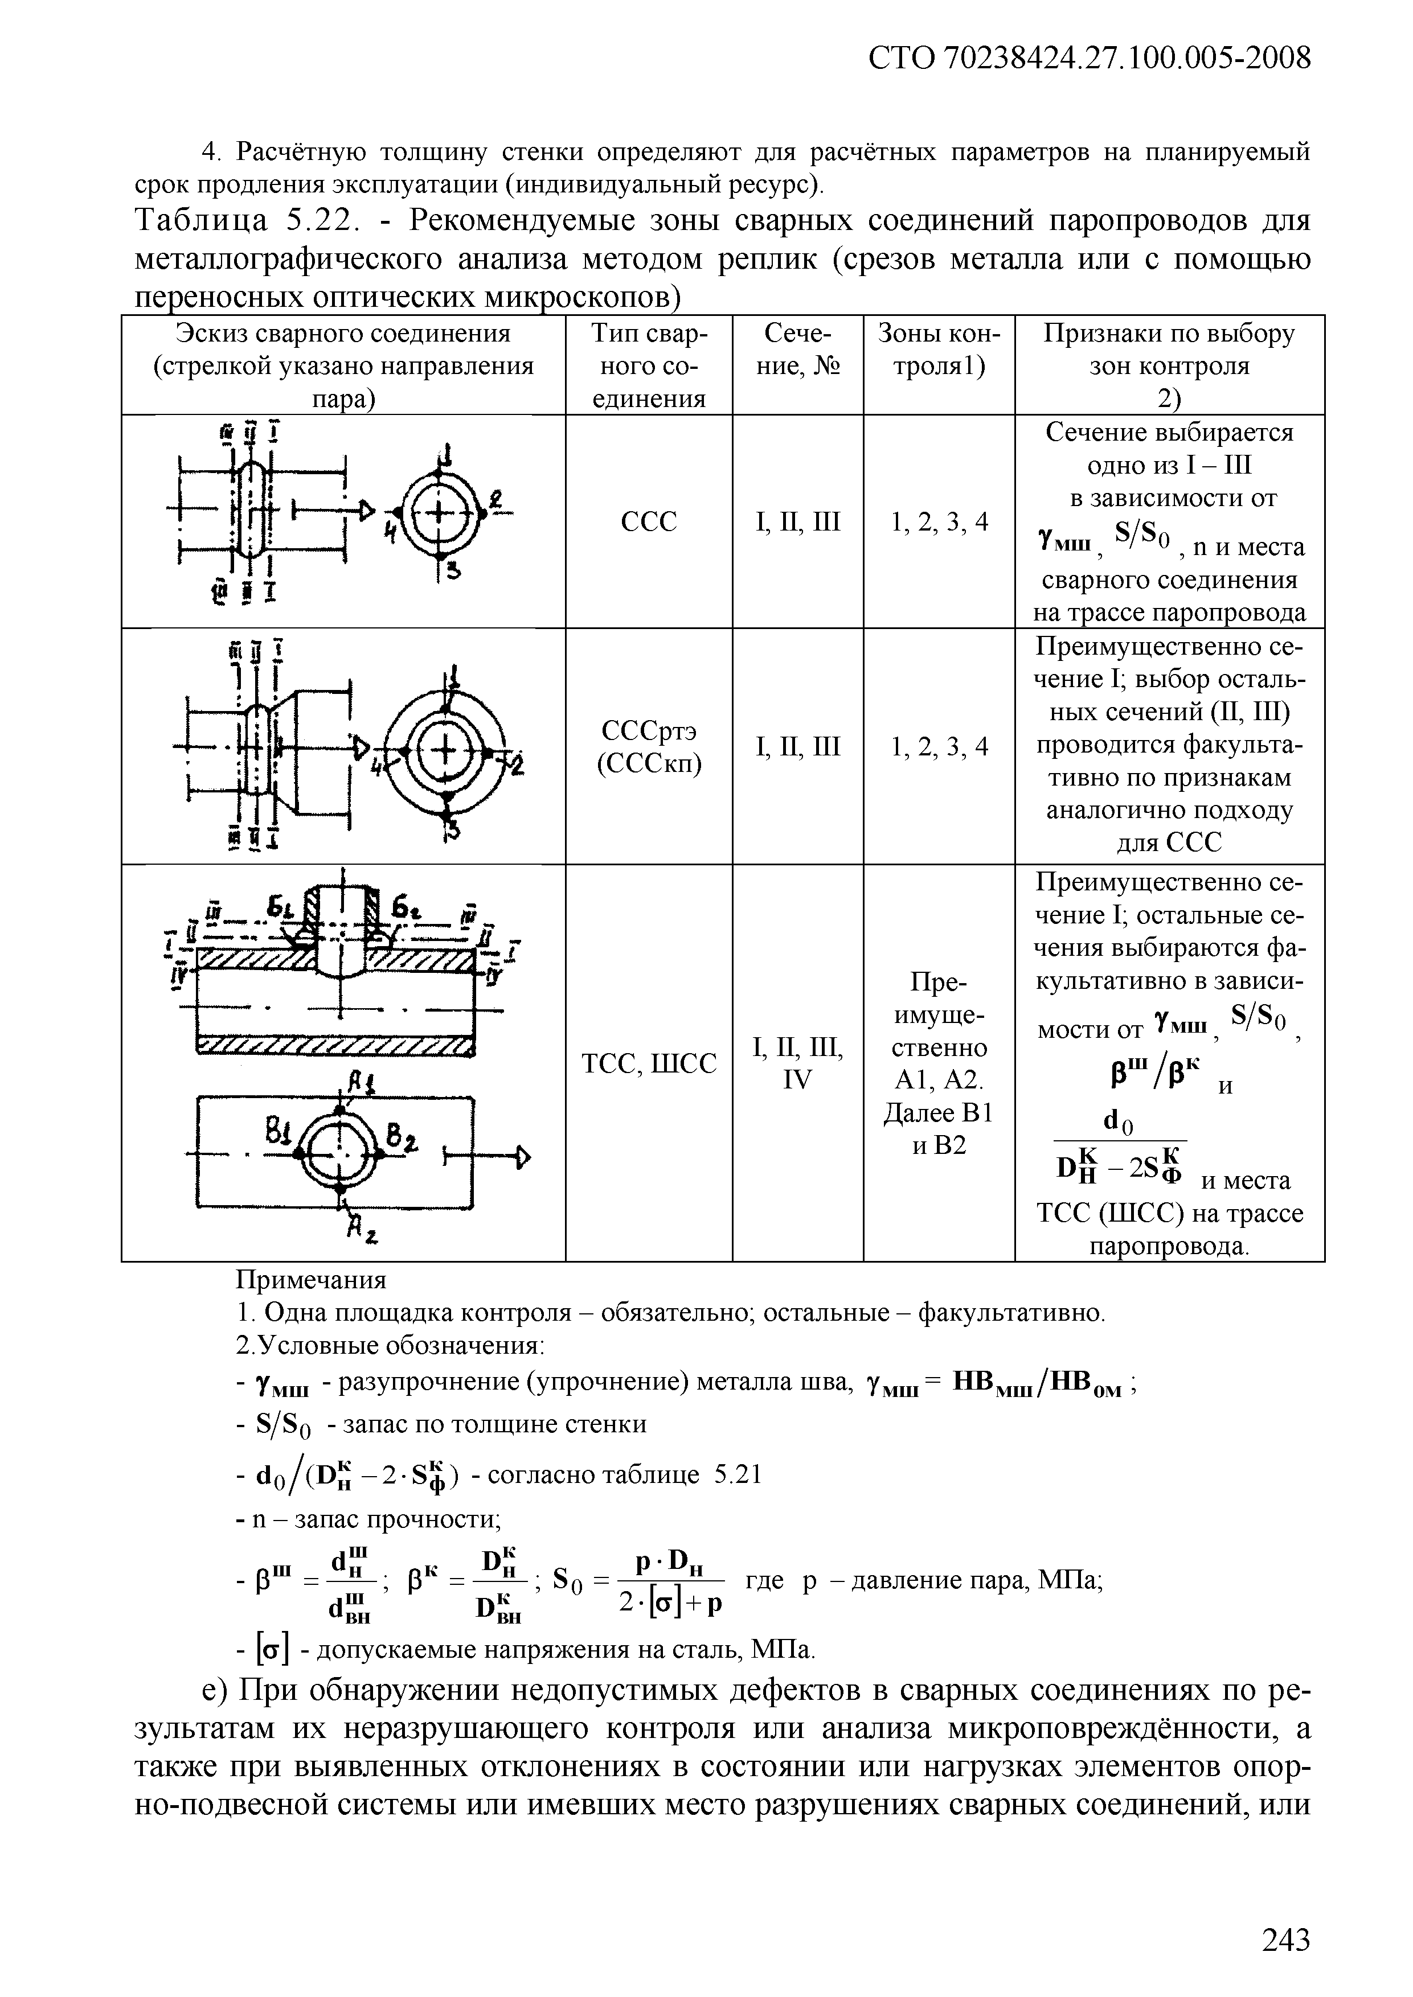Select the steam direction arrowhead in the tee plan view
tap(523, 1156)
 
